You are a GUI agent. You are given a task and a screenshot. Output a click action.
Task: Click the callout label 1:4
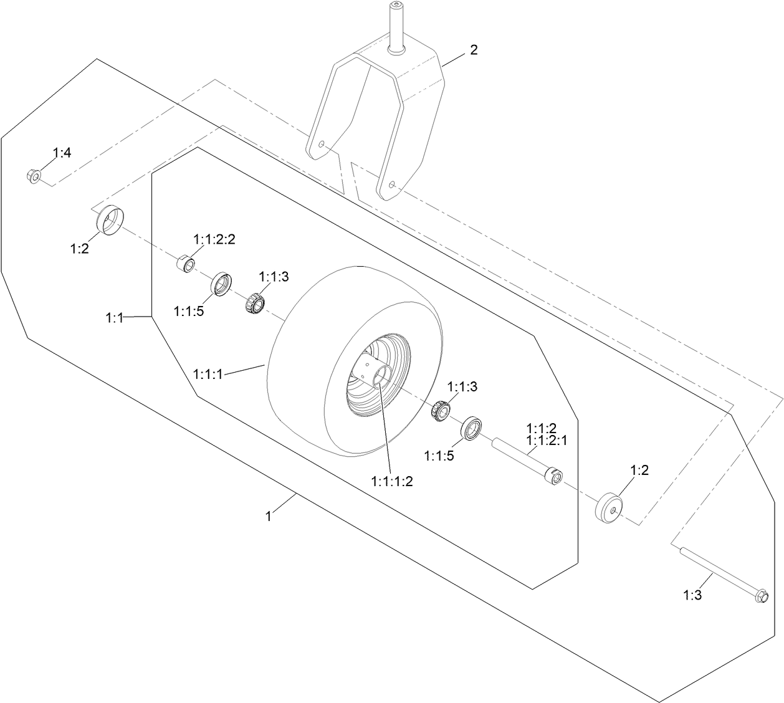tap(62, 152)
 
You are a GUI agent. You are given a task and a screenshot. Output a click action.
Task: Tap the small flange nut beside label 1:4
tap(34, 176)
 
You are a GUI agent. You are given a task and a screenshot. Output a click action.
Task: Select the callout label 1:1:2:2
tap(214, 239)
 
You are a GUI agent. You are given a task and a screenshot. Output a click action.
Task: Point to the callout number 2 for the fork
tap(474, 50)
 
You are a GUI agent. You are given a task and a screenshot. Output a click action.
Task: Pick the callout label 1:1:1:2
tap(392, 481)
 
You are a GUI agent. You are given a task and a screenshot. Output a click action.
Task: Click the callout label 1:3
tap(692, 595)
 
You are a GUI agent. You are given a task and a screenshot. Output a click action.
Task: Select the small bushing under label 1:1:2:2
tap(184, 264)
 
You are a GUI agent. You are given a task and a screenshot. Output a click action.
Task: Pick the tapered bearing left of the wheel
tap(255, 304)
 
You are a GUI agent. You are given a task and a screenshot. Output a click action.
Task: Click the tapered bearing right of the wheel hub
tap(442, 411)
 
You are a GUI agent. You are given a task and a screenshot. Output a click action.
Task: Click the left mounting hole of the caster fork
tap(320, 145)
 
